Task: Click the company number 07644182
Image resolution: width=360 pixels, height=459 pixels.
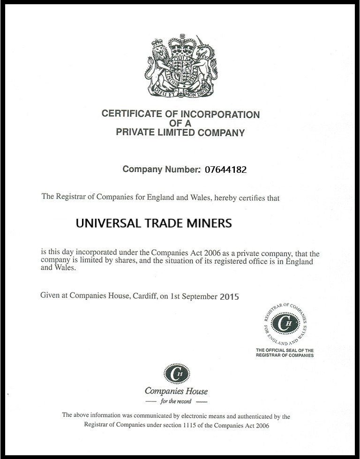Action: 225,170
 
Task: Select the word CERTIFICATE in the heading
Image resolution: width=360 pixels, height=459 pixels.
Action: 128,114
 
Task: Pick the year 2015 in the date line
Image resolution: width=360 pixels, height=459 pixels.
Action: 229,296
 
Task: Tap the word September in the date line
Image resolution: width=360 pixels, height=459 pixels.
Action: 201,296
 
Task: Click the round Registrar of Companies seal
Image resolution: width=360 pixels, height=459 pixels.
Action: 285,322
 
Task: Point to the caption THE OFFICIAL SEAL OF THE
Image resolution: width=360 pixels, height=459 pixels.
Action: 285,350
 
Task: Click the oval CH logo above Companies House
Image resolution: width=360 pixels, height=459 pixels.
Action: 177,373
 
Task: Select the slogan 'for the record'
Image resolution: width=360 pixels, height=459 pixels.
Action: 176,401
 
